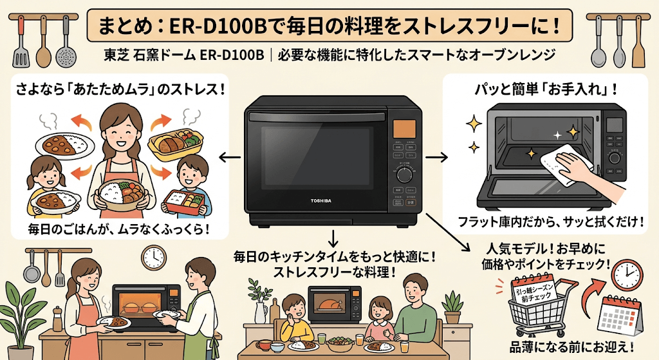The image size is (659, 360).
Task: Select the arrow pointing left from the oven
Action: [228, 156]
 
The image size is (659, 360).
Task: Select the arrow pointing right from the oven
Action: [440, 156]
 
